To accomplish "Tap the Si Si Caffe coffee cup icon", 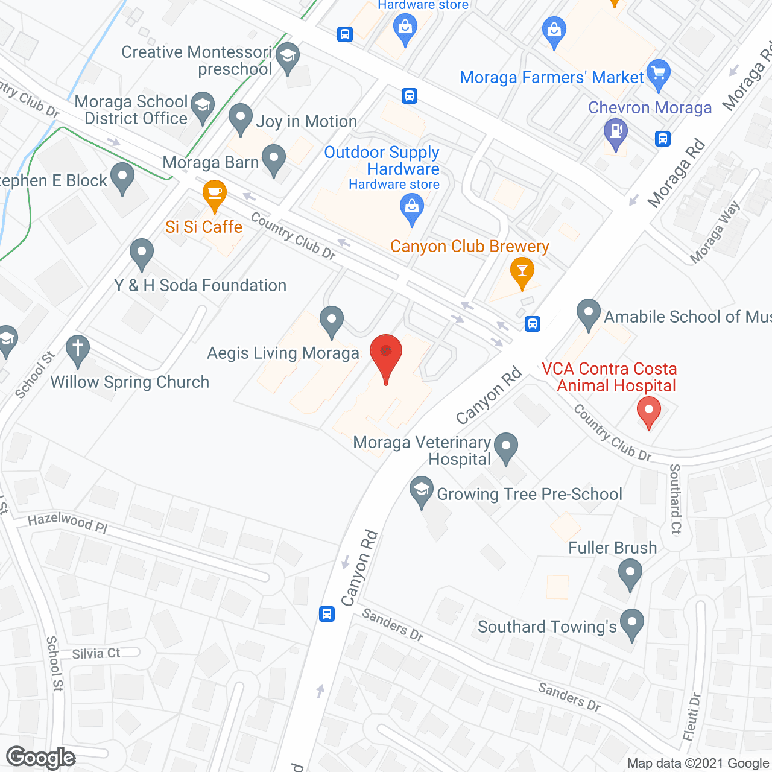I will click(214, 194).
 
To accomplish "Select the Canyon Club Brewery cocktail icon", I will click(522, 271).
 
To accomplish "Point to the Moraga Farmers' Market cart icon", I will click(658, 73).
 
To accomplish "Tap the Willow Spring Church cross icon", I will click(78, 349).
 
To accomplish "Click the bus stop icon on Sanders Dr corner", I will click(327, 614).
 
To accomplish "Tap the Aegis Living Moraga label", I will click(283, 353).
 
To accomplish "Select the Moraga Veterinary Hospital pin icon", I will click(506, 447).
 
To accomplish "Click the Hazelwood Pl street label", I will click(68, 522).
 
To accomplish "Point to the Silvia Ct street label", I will click(96, 654).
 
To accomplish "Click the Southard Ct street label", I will click(675, 499).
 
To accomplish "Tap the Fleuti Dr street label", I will click(692, 717).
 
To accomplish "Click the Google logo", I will click(41, 758).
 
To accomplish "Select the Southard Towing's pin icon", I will click(631, 624).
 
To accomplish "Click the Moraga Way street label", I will click(715, 233).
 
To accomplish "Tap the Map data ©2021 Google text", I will click(698, 764).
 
